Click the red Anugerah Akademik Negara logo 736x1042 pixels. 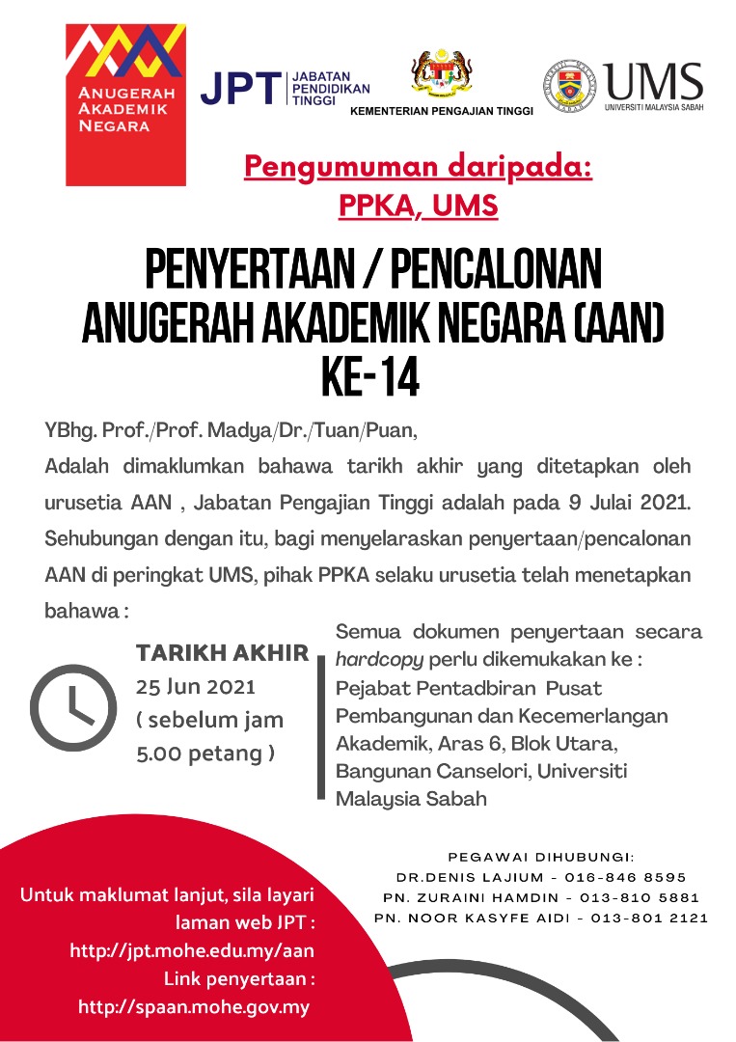point(125,104)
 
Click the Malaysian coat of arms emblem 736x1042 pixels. point(442,74)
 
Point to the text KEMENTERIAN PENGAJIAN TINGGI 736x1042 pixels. point(441,111)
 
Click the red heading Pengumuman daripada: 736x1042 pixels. point(418,168)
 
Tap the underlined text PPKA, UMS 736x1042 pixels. point(418,206)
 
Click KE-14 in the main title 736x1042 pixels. point(370,379)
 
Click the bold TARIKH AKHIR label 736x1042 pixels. point(223,653)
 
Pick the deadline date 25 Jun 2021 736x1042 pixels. point(196,687)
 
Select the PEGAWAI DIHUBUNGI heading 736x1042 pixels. point(541,856)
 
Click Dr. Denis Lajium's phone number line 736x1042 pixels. point(541,877)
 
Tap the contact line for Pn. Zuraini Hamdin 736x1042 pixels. point(541,897)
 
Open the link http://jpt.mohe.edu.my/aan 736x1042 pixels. point(192,950)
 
